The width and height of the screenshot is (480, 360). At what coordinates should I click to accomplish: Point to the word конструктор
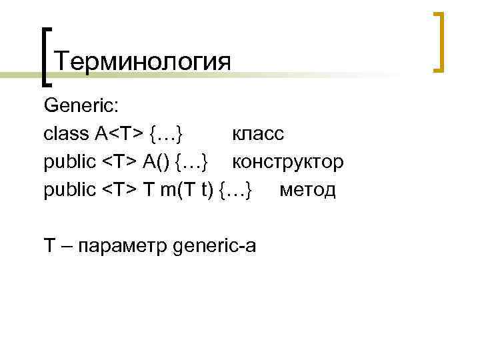(x=288, y=162)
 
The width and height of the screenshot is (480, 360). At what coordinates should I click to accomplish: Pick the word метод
(x=308, y=190)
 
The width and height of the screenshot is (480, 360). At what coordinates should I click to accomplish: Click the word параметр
(x=123, y=246)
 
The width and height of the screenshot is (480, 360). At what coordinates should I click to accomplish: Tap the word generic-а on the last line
(x=213, y=246)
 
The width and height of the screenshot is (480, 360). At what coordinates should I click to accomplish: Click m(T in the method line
(x=172, y=190)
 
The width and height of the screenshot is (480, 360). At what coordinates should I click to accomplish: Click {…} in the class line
(x=168, y=134)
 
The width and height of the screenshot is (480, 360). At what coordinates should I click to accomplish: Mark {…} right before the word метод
(x=237, y=190)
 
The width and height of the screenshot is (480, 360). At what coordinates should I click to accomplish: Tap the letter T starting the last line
(x=49, y=246)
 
